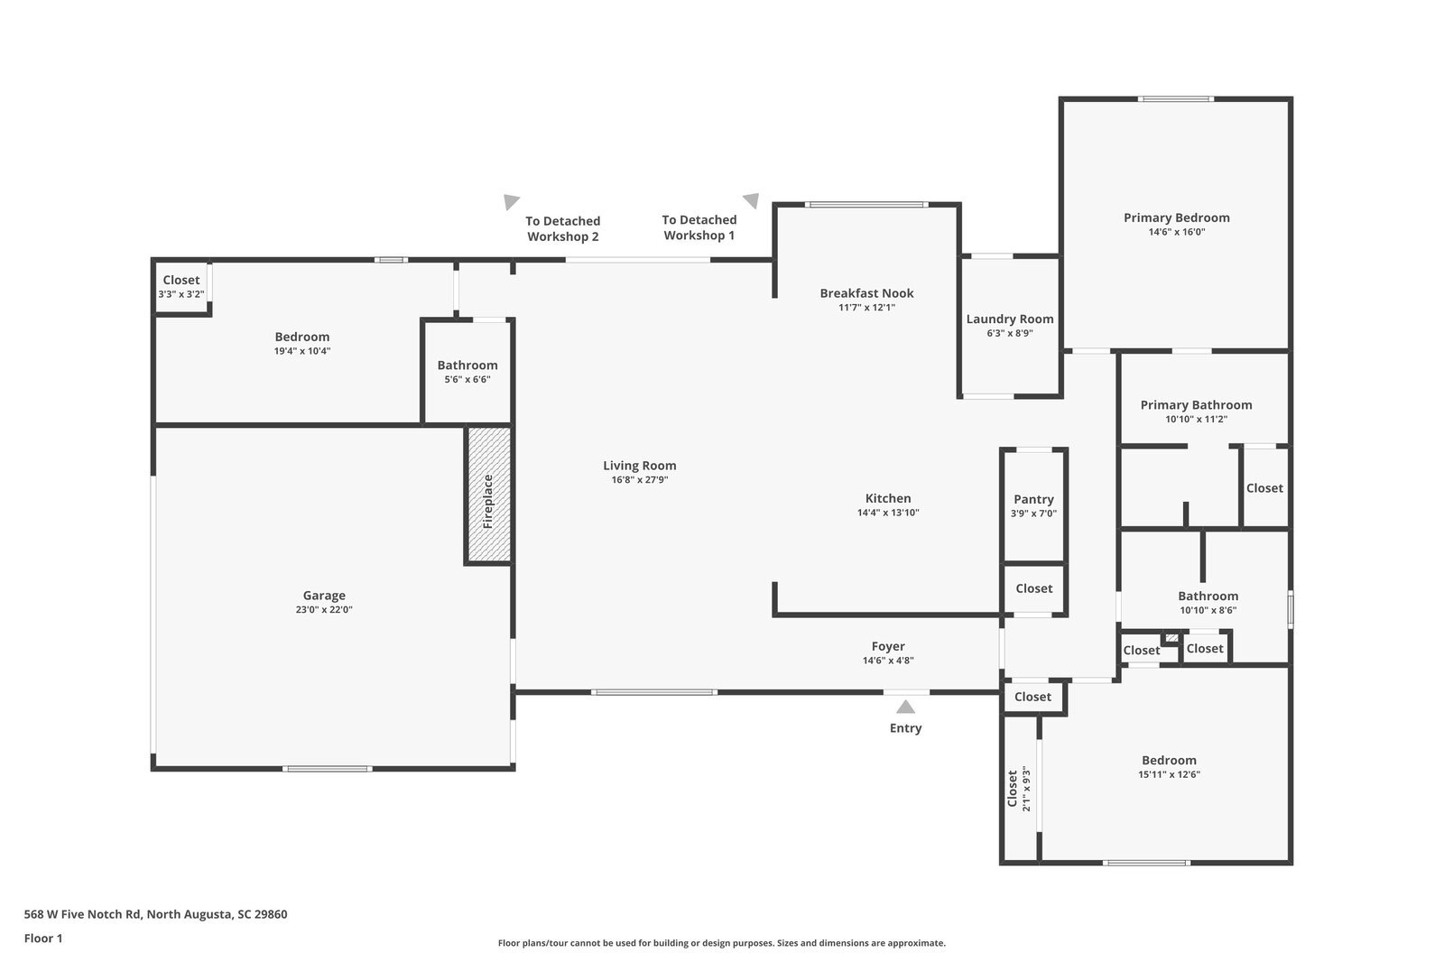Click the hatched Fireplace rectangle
(488, 495)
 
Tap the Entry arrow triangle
(906, 707)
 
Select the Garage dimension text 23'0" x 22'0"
(324, 609)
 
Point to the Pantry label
(1033, 499)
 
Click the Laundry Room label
(1010, 319)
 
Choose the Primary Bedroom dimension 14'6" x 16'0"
(1177, 232)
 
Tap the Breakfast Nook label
(866, 293)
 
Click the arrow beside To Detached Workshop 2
(511, 202)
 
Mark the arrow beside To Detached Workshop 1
(751, 200)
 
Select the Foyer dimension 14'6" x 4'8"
(888, 661)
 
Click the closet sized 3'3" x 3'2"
(181, 286)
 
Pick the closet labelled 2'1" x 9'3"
(1019, 789)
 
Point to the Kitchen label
(888, 498)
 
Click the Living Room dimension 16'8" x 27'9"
(640, 480)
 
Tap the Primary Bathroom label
(1196, 405)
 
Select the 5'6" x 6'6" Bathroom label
(467, 365)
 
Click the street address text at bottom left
(155, 914)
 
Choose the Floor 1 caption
(43, 939)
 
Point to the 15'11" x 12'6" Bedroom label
(1169, 761)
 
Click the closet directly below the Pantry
(1033, 588)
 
